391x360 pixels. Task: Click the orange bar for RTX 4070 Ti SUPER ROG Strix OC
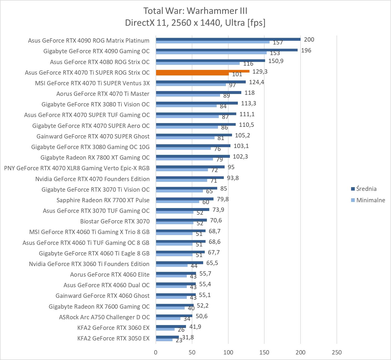point(202,71)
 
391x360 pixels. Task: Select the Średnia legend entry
point(366,189)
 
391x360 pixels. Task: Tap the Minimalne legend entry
point(370,200)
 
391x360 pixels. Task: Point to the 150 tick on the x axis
point(264,352)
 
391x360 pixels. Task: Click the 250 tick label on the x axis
point(337,352)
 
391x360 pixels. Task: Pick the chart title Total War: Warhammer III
point(195,11)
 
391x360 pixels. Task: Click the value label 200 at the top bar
point(309,39)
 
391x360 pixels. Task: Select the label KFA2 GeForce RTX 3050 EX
point(113,338)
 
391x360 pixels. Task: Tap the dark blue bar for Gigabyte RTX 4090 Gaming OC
point(227,50)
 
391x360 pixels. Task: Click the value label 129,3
point(260,71)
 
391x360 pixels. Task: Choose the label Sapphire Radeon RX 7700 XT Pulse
point(103,200)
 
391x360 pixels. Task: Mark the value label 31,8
point(188,337)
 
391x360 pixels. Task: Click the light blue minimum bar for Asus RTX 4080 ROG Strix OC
point(198,63)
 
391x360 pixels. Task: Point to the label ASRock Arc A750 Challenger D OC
point(104,317)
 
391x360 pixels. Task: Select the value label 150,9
point(276,61)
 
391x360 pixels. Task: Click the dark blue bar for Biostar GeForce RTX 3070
point(181,220)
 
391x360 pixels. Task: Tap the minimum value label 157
point(278,42)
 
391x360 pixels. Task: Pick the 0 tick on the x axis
point(156,352)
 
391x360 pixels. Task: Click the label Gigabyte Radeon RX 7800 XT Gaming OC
point(95,157)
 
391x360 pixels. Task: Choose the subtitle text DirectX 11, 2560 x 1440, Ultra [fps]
point(195,23)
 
